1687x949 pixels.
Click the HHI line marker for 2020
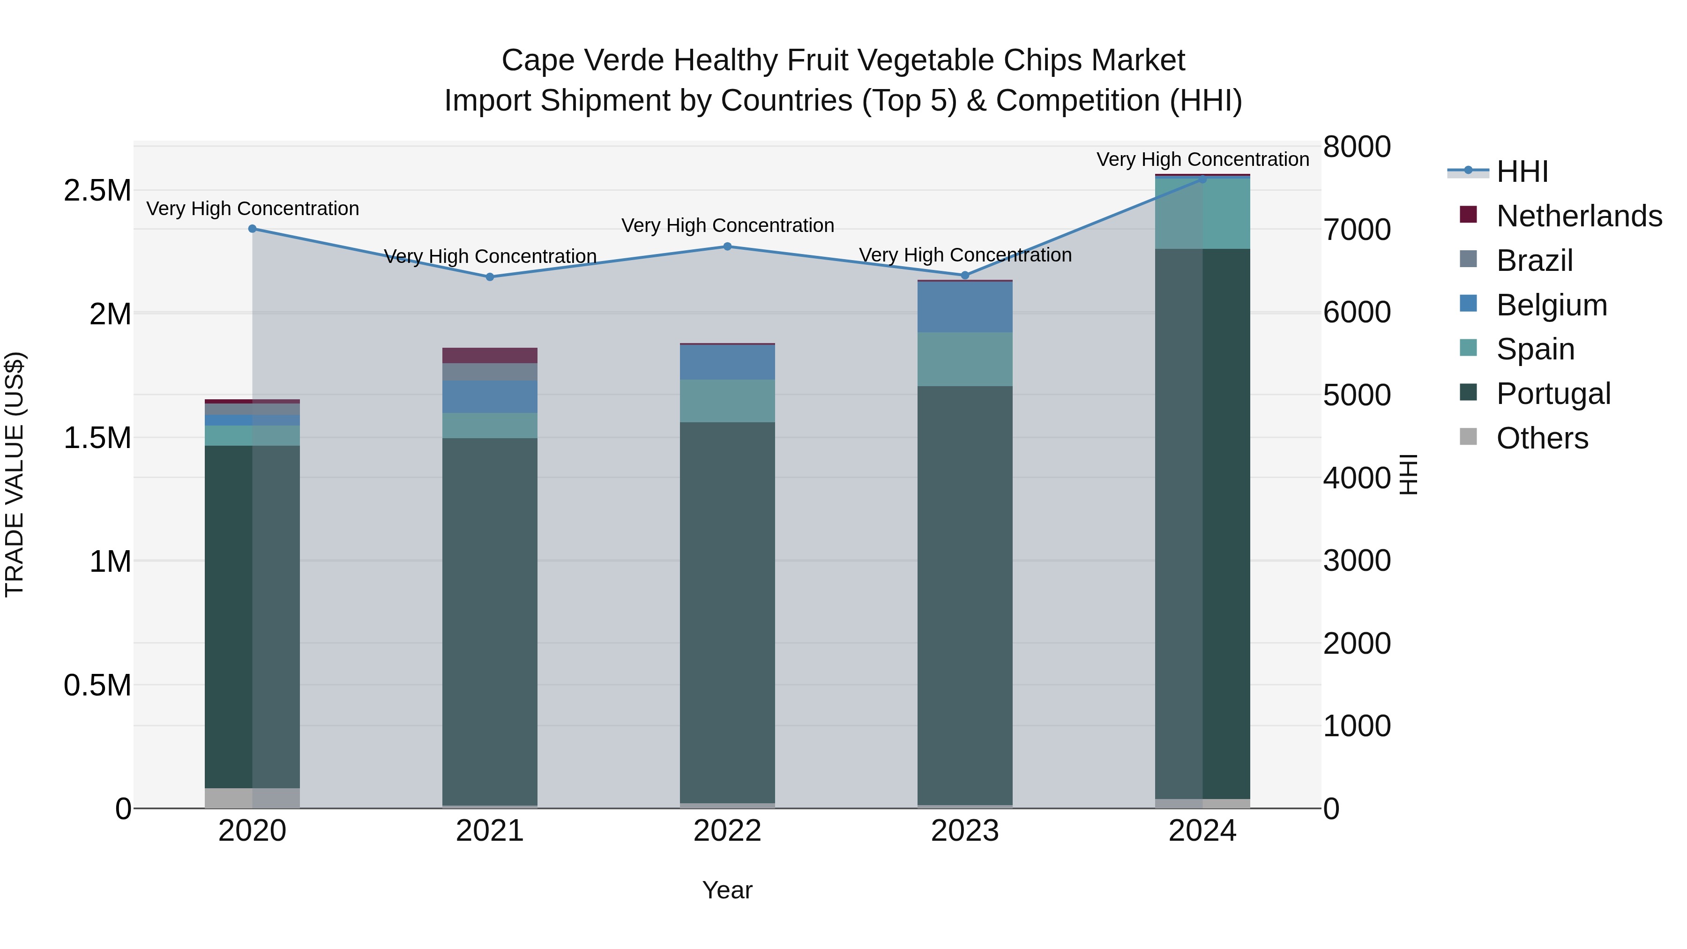tap(252, 229)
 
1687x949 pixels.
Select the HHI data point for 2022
tap(727, 246)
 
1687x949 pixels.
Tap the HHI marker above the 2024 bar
tap(1202, 179)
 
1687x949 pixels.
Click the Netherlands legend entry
tap(1578, 216)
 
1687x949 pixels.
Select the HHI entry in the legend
tap(1521, 172)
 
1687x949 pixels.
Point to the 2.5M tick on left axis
tap(97, 191)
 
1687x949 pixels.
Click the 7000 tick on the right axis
tap(1356, 230)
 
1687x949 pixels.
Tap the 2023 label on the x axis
tap(965, 831)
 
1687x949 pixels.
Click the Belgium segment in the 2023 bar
tap(965, 306)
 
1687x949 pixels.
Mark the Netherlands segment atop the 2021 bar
tap(490, 355)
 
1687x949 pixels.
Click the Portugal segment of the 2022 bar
tap(727, 613)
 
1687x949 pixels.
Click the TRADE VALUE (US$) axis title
tap(15, 474)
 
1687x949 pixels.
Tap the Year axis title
tap(727, 890)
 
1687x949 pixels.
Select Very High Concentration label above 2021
tap(490, 256)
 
